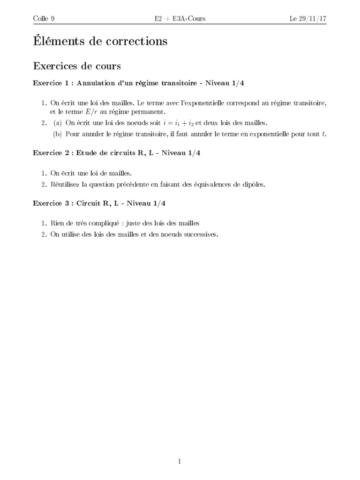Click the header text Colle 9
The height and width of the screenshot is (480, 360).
pyautogui.click(x=44, y=19)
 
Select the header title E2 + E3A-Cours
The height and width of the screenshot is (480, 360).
pyautogui.click(x=180, y=19)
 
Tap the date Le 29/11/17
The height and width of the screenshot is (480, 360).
pyautogui.click(x=307, y=19)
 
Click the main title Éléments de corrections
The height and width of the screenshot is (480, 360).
pyautogui.click(x=100, y=41)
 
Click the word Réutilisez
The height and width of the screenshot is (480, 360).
pyautogui.click(x=64, y=184)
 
